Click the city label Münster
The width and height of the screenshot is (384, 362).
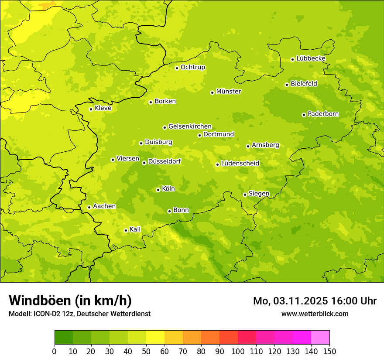pyautogui.click(x=229, y=92)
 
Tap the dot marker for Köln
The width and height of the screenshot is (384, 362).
pyautogui.click(x=158, y=190)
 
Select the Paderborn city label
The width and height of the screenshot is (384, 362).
pyautogui.click(x=323, y=114)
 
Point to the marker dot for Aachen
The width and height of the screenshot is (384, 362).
pyautogui.click(x=89, y=207)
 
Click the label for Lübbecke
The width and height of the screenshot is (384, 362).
pyautogui.click(x=311, y=58)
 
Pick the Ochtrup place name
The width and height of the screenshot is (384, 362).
pyautogui.click(x=192, y=67)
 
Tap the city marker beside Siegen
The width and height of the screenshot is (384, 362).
pyautogui.click(x=245, y=195)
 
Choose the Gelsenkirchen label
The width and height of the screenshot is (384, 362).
pyautogui.click(x=190, y=126)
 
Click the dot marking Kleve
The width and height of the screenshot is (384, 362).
pyautogui.click(x=91, y=109)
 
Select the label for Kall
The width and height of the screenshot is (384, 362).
pyautogui.click(x=135, y=229)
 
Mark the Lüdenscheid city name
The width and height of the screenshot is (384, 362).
pyautogui.click(x=240, y=164)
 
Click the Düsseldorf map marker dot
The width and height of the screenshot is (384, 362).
pyautogui.click(x=144, y=163)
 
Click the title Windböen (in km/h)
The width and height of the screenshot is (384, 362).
pyautogui.click(x=70, y=301)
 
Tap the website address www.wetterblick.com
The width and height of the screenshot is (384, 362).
pyautogui.click(x=315, y=314)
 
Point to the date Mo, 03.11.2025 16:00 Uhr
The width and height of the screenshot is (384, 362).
pyautogui.click(x=315, y=301)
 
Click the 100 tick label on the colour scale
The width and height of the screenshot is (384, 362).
pyautogui.click(x=238, y=352)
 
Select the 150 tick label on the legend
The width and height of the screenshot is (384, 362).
pyautogui.click(x=329, y=352)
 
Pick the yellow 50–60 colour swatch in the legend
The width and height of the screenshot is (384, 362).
pyautogui.click(x=155, y=338)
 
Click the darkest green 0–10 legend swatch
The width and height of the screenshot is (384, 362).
pyautogui.click(x=64, y=338)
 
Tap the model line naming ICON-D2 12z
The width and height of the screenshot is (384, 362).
pyautogui.click(x=79, y=314)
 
